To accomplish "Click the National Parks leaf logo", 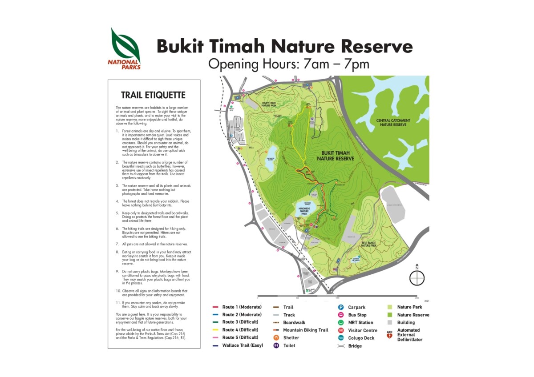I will point(125,46).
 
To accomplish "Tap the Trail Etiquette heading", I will point(153,95).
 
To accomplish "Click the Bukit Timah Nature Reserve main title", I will point(285,46).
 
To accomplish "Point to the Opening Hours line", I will point(289,64).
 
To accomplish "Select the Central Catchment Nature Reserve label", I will point(393,123).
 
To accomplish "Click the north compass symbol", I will point(417,278).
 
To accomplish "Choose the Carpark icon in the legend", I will point(341,307).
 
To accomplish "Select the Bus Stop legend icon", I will point(341,315).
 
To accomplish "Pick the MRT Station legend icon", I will point(341,323).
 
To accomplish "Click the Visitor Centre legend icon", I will point(341,330).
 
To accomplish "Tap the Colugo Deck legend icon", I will point(341,338).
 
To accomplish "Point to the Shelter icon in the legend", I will point(276,338).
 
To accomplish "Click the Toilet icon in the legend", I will point(276,345).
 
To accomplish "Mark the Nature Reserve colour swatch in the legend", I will point(390,315).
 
